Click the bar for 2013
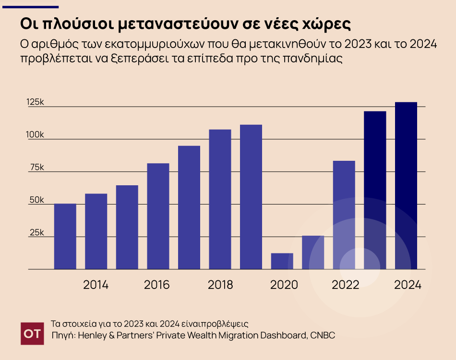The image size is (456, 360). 65,236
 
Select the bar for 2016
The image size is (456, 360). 158,216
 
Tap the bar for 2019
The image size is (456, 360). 251,197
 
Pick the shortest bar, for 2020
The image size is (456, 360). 282,261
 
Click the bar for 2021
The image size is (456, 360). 313,252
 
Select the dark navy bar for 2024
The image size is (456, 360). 406,186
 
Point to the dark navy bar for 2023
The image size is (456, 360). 375,190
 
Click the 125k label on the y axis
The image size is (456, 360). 36,103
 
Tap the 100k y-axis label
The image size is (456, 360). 36,135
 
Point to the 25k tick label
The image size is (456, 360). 36,233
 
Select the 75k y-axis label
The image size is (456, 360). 36,168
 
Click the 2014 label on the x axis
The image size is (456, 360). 96,285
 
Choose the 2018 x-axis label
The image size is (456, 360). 220,285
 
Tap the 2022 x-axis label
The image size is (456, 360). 346,285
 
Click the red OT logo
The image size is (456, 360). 32,333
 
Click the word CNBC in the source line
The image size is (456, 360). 323,335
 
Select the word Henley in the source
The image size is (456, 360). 92,335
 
